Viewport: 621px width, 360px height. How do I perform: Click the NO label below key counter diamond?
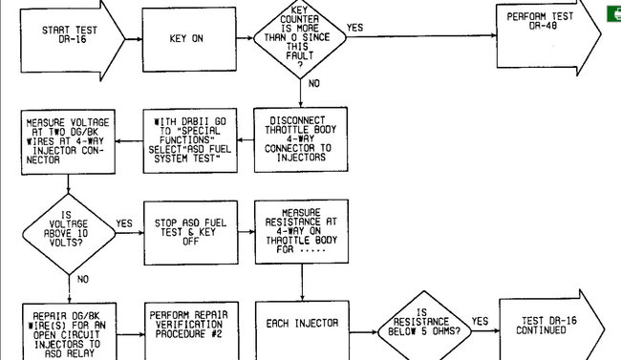(314, 84)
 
